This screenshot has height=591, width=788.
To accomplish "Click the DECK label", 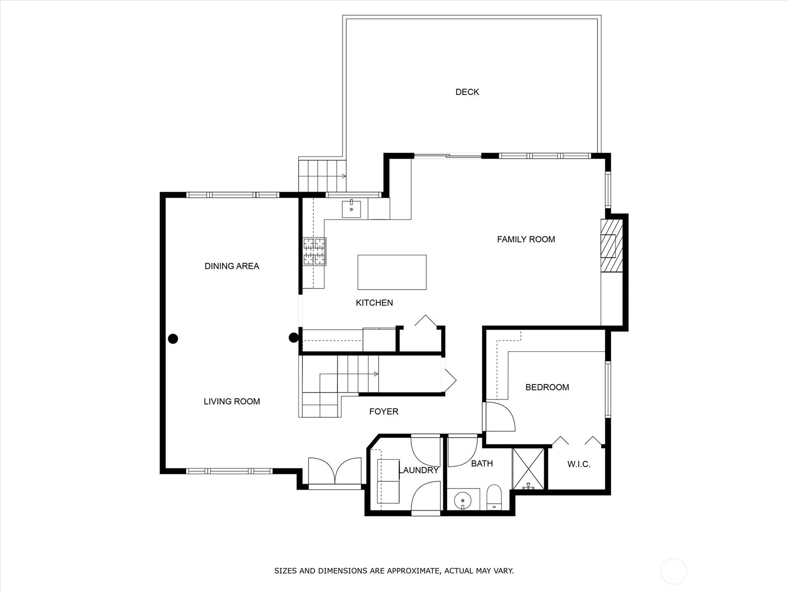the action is click(467, 92).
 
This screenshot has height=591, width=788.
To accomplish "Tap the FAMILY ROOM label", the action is click(526, 239).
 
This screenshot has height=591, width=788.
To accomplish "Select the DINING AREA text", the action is click(232, 266).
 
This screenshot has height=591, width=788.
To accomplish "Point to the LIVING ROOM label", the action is click(232, 401).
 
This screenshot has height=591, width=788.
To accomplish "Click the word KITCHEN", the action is click(374, 303).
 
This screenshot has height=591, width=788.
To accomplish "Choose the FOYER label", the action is click(384, 412).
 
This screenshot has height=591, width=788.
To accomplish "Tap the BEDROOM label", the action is click(547, 387).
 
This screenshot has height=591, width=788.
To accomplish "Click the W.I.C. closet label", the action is click(579, 464).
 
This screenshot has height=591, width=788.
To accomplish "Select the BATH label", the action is click(482, 463).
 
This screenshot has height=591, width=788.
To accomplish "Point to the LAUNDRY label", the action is click(419, 470).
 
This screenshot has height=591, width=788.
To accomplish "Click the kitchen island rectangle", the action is click(392, 272).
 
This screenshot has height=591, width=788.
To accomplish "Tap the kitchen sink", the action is click(351, 208).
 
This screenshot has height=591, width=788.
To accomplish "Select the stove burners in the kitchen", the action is click(315, 252).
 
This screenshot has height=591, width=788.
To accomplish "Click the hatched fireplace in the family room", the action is click(612, 245).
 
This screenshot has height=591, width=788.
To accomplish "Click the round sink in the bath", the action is click(463, 499).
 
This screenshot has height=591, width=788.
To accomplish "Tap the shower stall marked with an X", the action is click(528, 469).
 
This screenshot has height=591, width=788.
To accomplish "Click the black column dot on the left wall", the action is click(173, 339).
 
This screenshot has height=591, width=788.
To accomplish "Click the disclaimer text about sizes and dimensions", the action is click(394, 570).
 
